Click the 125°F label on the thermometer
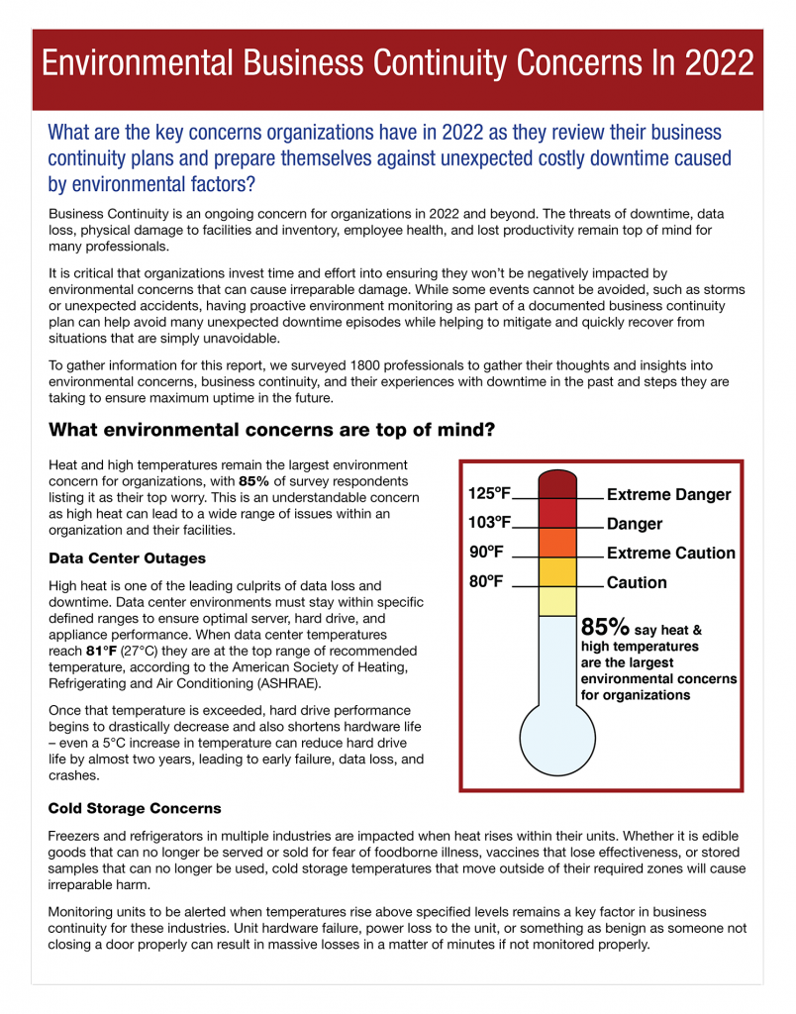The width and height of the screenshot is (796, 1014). click(x=489, y=493)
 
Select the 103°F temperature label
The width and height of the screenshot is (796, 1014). click(x=489, y=523)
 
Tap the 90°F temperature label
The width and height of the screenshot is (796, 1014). click(x=486, y=553)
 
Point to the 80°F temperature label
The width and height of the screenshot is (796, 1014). click(x=486, y=582)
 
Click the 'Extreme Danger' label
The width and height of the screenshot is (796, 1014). click(x=668, y=494)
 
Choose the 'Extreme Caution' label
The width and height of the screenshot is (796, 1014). click(x=670, y=553)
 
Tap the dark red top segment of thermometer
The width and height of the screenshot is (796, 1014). click(x=559, y=484)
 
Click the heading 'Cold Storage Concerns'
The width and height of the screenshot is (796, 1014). click(x=135, y=808)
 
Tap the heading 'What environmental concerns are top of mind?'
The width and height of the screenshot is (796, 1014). click(x=271, y=430)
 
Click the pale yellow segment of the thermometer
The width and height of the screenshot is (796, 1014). click(x=559, y=601)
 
